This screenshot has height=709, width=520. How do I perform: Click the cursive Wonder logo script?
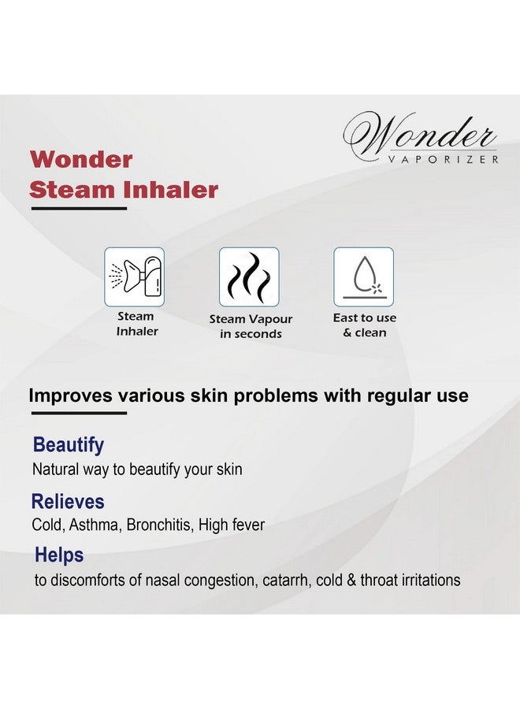click(420, 133)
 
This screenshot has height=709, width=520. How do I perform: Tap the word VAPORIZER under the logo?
click(443, 159)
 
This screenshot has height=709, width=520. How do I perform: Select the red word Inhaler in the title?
click(171, 189)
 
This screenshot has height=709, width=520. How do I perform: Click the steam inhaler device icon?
click(134, 277)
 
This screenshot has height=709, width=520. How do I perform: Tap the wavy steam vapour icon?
click(249, 277)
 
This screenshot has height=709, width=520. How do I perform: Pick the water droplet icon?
click(363, 277)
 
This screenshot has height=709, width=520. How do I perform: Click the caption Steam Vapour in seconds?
click(251, 326)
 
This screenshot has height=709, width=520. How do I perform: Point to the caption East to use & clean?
click(365, 325)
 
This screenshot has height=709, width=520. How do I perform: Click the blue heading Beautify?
click(69, 445)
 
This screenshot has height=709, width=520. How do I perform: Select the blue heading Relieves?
click(68, 502)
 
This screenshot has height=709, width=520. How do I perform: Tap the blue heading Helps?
click(59, 555)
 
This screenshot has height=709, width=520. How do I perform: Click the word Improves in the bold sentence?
click(71, 395)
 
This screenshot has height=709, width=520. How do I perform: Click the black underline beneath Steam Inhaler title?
click(79, 209)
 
